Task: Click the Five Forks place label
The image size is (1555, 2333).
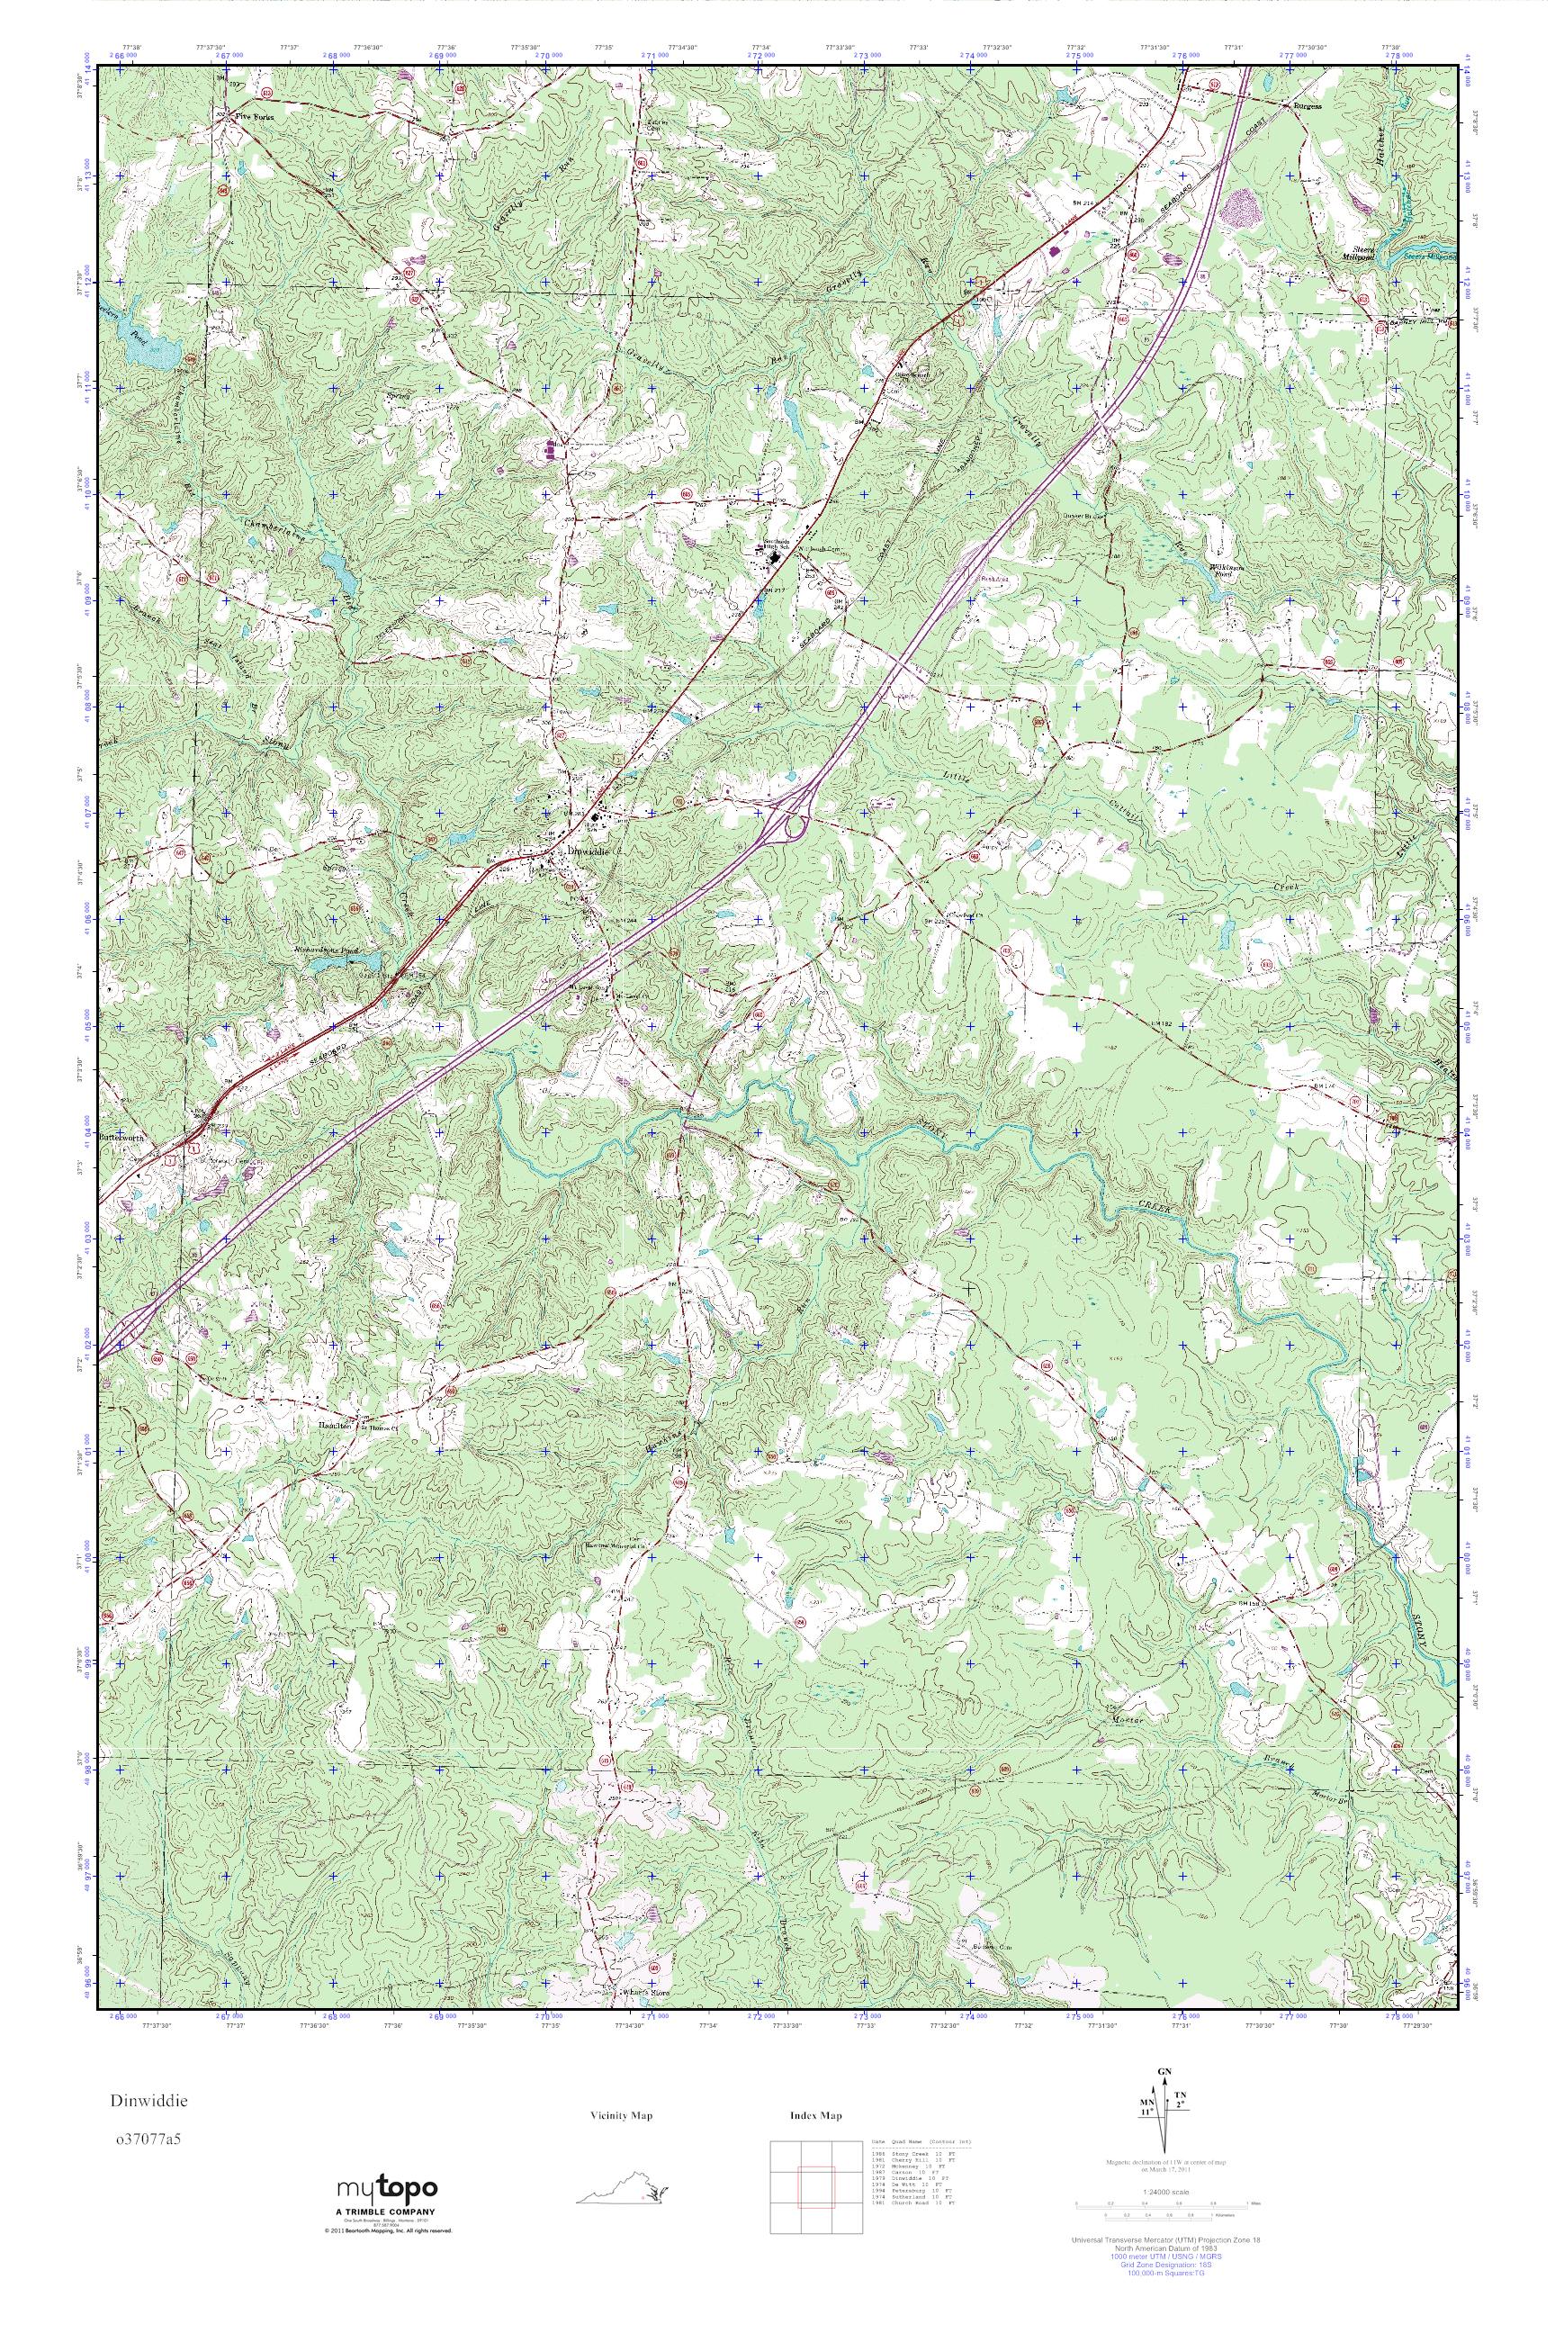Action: pos(253,116)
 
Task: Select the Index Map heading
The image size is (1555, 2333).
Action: pos(815,2115)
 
